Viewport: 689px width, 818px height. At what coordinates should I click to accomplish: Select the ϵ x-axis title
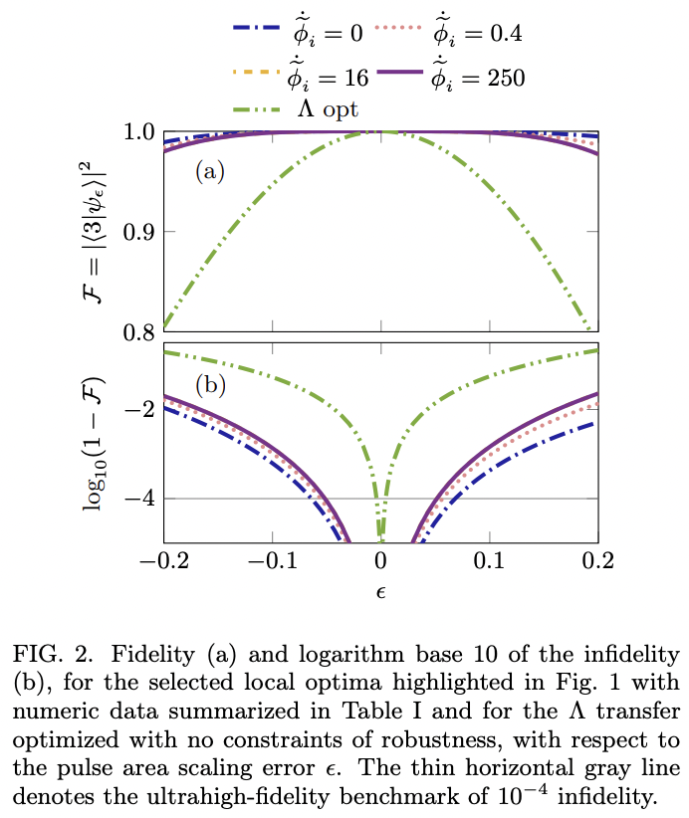(x=380, y=590)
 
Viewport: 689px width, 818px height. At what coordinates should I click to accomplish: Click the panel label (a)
(x=210, y=172)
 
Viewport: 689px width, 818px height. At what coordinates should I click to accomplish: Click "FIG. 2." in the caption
(x=49, y=655)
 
